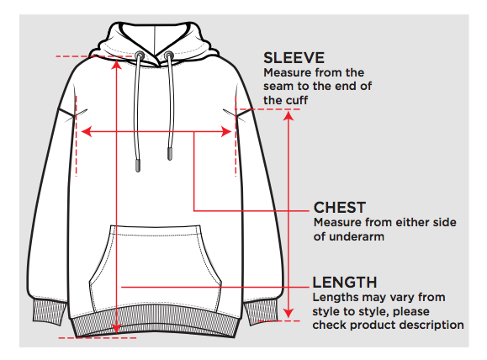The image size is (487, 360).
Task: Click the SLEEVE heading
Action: coord(294,58)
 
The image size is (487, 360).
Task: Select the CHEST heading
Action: coord(340,208)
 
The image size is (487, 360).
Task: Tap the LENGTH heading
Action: coord(345,283)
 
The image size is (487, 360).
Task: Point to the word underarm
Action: coord(357,236)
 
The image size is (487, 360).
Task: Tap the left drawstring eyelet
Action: coord(140,56)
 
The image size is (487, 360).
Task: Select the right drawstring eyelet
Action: coord(169,56)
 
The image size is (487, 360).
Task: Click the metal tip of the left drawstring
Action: coord(138,165)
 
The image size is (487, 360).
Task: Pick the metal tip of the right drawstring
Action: coord(170,154)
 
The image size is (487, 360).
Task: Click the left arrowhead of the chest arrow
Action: coord(86,132)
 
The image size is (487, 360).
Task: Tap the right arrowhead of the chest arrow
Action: coord(226,132)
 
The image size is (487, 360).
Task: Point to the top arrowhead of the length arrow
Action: coord(116,65)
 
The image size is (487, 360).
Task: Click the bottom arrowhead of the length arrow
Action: coord(116,328)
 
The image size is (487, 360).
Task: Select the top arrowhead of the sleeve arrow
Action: coord(288,116)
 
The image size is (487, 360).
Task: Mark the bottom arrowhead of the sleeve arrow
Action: coord(288,313)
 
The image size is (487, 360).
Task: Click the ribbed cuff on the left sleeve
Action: coord(50,312)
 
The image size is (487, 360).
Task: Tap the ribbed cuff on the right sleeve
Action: coord(260,311)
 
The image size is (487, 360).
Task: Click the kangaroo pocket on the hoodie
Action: coord(156,268)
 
